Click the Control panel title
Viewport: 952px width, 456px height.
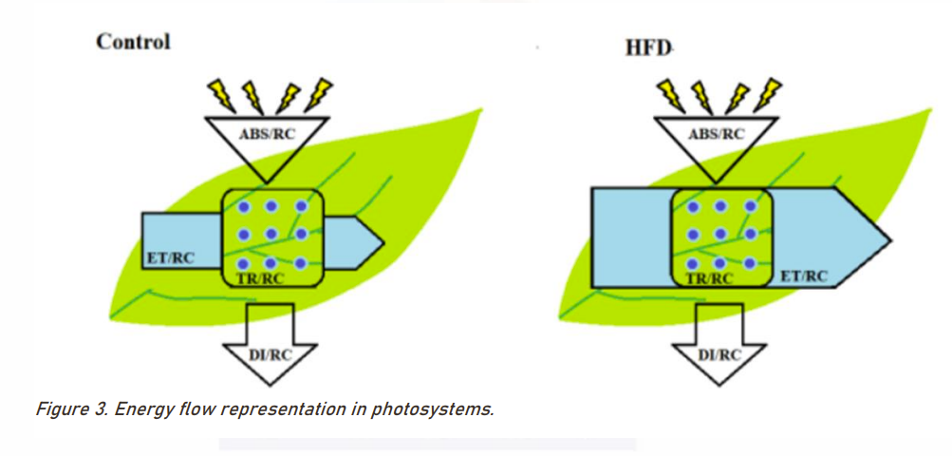pos(133,41)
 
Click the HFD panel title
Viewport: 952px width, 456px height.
pos(648,45)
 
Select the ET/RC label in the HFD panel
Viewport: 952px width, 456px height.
pos(803,276)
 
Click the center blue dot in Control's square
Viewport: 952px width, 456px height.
pos(272,234)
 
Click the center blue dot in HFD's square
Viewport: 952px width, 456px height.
pos(722,234)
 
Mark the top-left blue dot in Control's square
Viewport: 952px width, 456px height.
pos(244,206)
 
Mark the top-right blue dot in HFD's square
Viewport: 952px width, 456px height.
pos(751,206)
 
